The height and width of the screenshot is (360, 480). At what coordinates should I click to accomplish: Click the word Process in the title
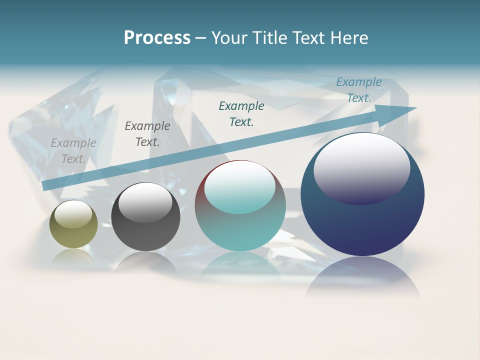157,38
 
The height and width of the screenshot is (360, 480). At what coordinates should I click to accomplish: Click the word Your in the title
228,38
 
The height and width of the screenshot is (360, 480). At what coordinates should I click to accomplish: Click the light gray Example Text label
73,150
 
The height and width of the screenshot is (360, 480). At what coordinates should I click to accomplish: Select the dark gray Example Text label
147,134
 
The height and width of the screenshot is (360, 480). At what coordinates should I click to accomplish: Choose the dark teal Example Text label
241,113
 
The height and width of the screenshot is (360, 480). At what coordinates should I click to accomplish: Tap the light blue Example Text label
359,90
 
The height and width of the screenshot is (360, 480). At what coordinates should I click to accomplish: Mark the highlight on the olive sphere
73,213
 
